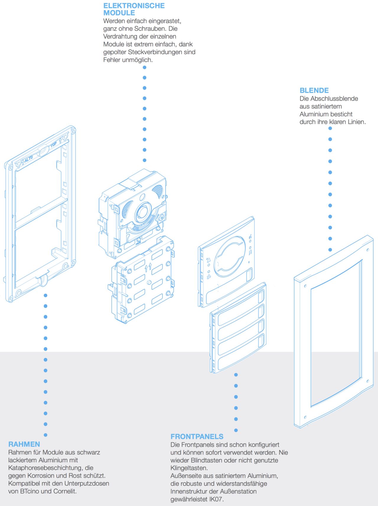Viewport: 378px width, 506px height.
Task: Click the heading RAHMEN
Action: pyautogui.click(x=24, y=444)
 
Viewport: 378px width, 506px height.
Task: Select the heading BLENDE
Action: pyautogui.click(x=314, y=90)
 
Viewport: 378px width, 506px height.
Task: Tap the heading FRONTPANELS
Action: pyautogui.click(x=197, y=437)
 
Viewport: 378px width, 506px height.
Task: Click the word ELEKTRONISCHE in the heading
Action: pyautogui.click(x=134, y=6)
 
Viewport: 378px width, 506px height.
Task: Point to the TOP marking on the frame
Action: pyautogui.click(x=54, y=145)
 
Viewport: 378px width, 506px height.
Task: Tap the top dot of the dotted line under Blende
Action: pyautogui.click(x=330, y=128)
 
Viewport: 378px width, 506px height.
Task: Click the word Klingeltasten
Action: pyautogui.click(x=189, y=468)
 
